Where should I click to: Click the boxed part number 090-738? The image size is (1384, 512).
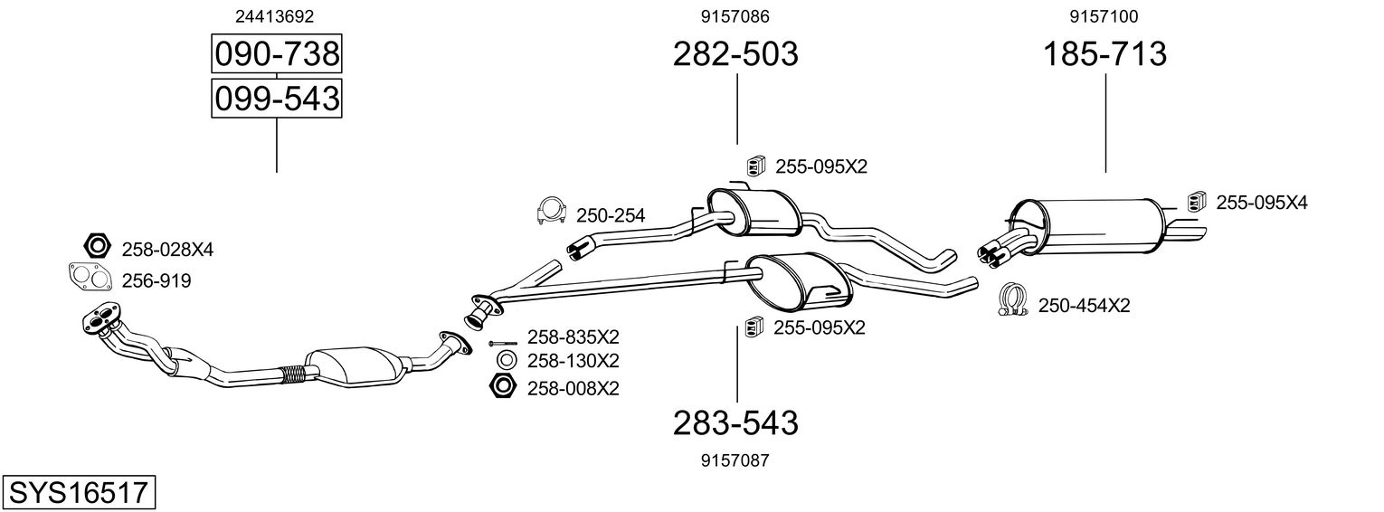(x=276, y=55)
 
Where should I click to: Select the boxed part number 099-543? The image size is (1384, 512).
(x=276, y=98)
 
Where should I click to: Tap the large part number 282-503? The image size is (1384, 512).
(x=735, y=55)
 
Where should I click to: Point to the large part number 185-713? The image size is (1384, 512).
(x=1105, y=55)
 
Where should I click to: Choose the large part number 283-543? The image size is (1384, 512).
(x=735, y=422)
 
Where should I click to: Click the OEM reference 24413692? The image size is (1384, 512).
(x=276, y=16)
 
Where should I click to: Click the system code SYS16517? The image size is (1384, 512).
(x=78, y=493)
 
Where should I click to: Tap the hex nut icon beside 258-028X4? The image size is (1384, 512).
(x=96, y=246)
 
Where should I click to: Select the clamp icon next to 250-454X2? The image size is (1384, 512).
(x=1014, y=301)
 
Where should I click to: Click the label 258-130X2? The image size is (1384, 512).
(x=574, y=361)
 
